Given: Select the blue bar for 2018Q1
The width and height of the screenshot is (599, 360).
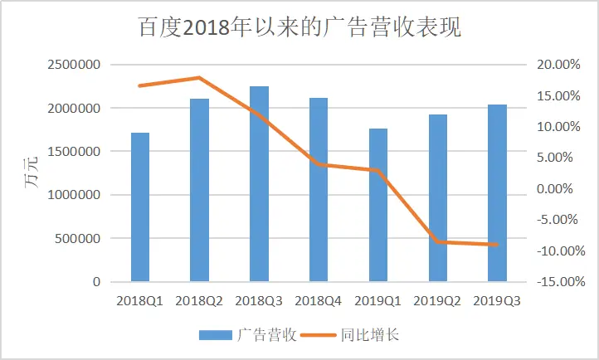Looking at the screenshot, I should [x=140, y=207].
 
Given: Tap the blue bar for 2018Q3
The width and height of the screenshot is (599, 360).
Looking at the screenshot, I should [x=259, y=184].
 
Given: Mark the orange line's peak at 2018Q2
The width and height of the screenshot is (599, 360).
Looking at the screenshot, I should [x=199, y=77].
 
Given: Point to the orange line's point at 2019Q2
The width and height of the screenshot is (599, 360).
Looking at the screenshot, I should [x=437, y=241].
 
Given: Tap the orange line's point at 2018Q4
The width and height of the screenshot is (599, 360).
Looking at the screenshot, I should [x=319, y=164].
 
